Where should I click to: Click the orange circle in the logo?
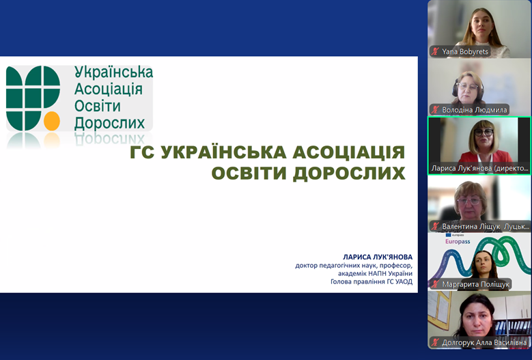pyautogui.click(x=52, y=121)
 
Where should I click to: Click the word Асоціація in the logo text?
pyautogui.click(x=108, y=89)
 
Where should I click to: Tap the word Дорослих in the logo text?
pyautogui.click(x=109, y=123)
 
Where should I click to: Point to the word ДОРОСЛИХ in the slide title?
pyautogui.click(x=349, y=173)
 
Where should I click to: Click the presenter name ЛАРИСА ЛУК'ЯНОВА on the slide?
pyautogui.click(x=378, y=257)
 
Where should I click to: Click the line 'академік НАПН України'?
pyautogui.click(x=375, y=273)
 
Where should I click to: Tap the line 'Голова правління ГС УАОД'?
pyautogui.click(x=372, y=281)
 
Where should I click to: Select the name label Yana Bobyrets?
pyautogui.click(x=465, y=51)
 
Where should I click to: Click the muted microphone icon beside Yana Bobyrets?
pyautogui.click(x=435, y=51)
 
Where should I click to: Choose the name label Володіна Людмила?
pyautogui.click(x=475, y=110)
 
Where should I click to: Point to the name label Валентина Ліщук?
pyautogui.click(x=471, y=226)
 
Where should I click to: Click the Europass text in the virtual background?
pyautogui.click(x=458, y=242)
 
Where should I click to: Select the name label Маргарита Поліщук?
pyautogui.click(x=476, y=284)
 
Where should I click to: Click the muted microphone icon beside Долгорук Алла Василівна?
pyautogui.click(x=435, y=343)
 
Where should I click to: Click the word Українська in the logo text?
pyautogui.click(x=113, y=72)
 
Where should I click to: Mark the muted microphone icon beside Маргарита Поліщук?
pyautogui.click(x=435, y=284)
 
